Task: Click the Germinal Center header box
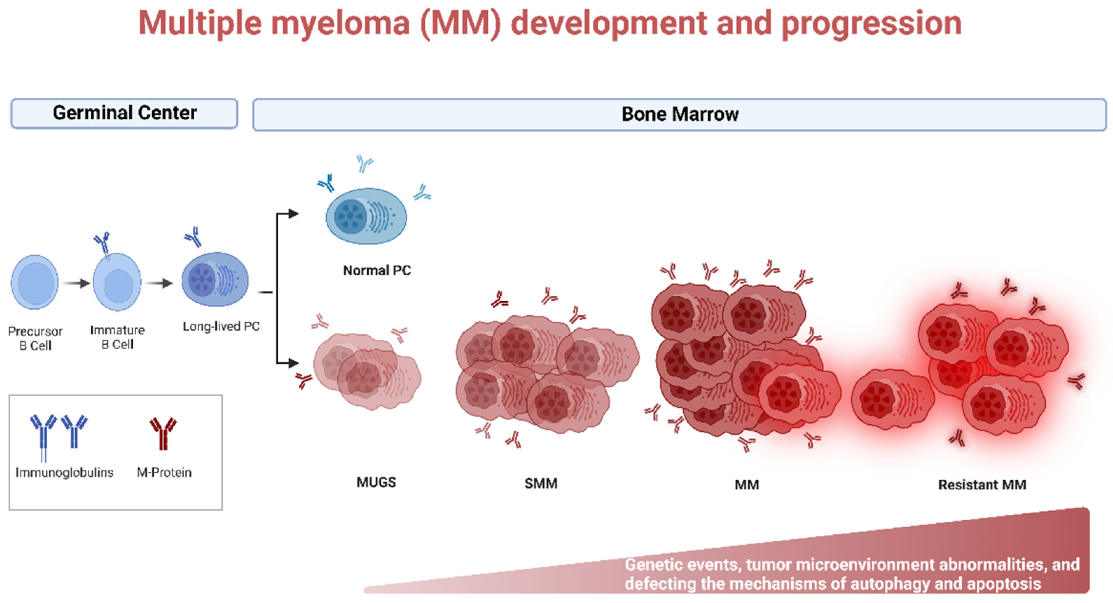click(x=124, y=113)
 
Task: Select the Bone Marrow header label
click(x=680, y=115)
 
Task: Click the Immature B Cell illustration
click(x=117, y=282)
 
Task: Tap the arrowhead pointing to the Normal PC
click(x=293, y=213)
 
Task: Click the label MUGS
click(x=376, y=482)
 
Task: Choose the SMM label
click(x=541, y=483)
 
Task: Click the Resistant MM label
click(x=982, y=485)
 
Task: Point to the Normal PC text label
click(x=377, y=270)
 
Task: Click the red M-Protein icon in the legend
click(x=163, y=433)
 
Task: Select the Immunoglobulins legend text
click(x=64, y=472)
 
